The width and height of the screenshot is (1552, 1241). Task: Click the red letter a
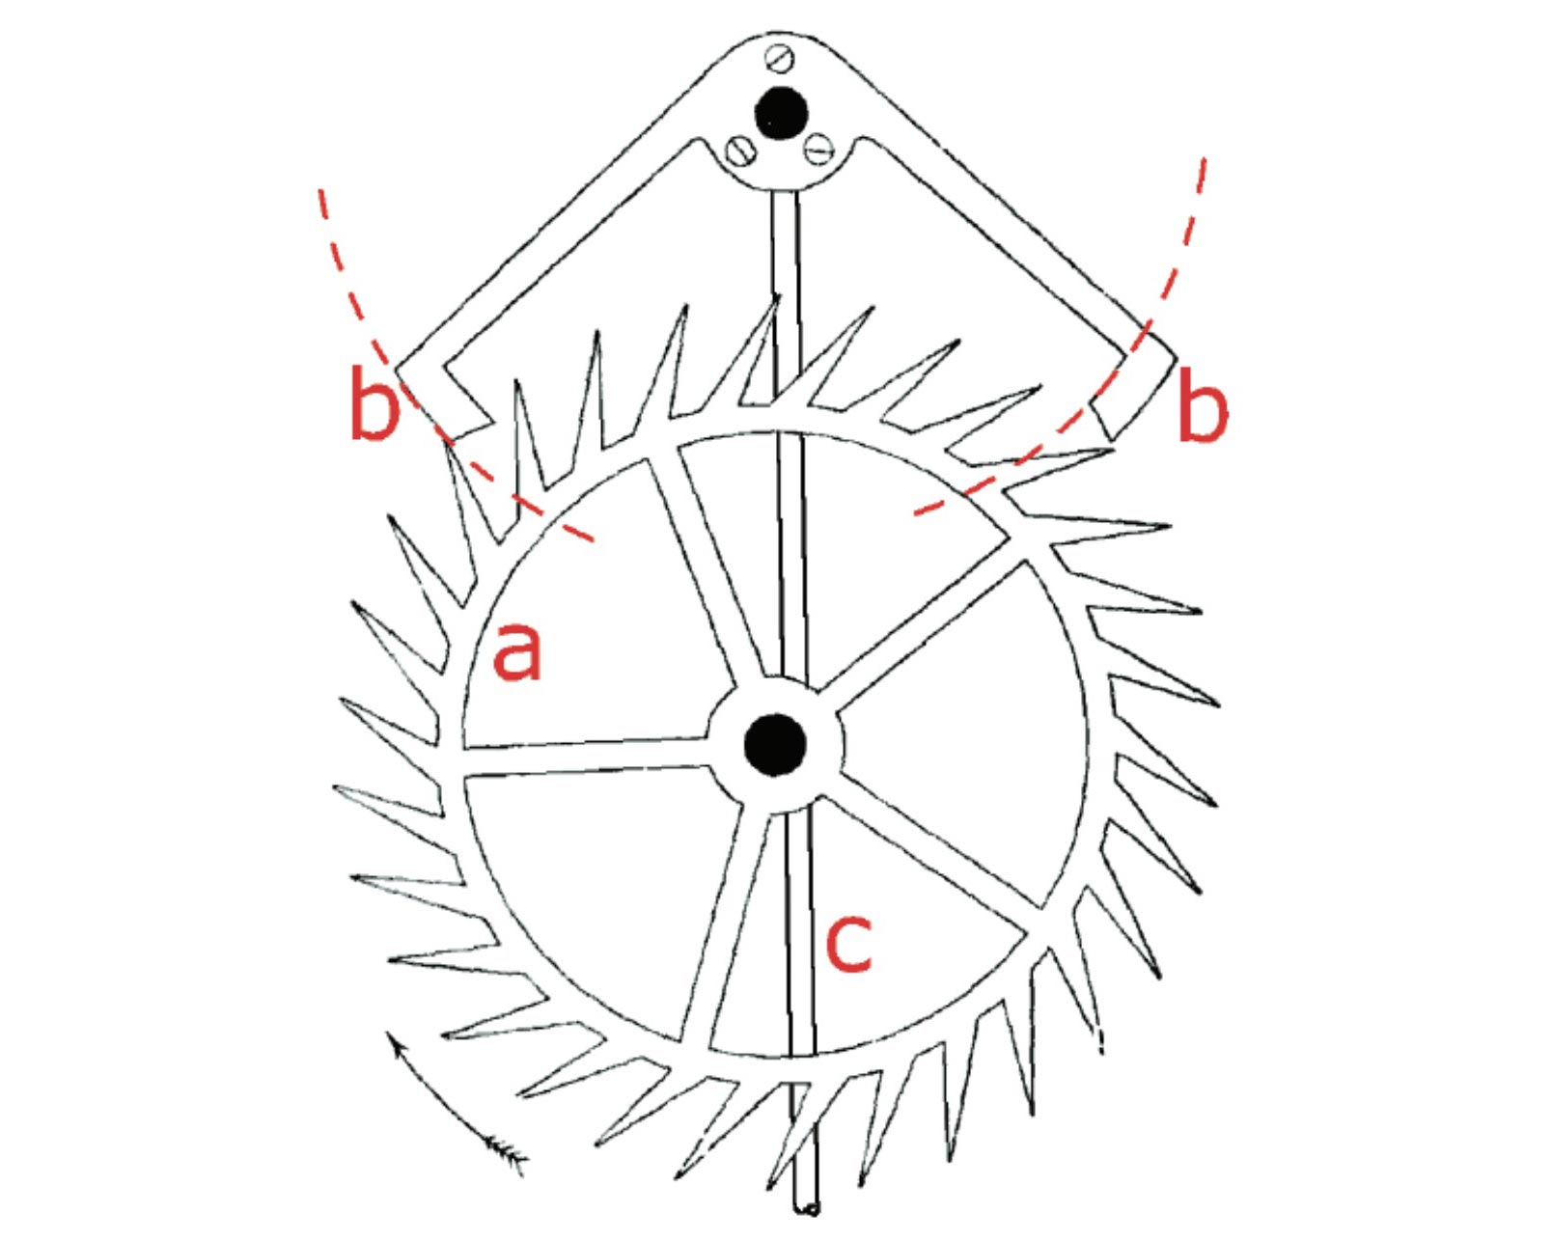point(517,651)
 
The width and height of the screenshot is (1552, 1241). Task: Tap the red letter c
point(849,941)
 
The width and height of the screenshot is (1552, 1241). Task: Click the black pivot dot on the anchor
point(781,113)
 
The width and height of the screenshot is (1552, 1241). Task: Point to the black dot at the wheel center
point(775,744)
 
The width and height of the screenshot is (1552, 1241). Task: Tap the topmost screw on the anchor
point(781,58)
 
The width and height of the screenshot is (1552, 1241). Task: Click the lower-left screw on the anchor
point(741,150)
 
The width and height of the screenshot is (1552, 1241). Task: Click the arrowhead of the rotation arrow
point(391,1037)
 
